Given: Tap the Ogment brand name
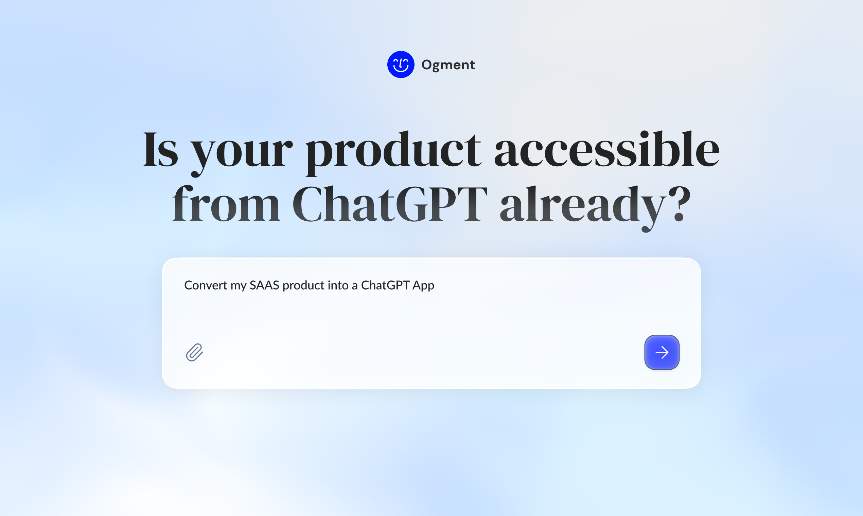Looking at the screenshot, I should (448, 65).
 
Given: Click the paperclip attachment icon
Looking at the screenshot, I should (195, 352).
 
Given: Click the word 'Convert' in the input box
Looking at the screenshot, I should (205, 285).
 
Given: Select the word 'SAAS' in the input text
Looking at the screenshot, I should (264, 285).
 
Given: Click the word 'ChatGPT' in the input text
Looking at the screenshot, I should (385, 285).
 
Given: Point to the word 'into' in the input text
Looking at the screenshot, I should (338, 285).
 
